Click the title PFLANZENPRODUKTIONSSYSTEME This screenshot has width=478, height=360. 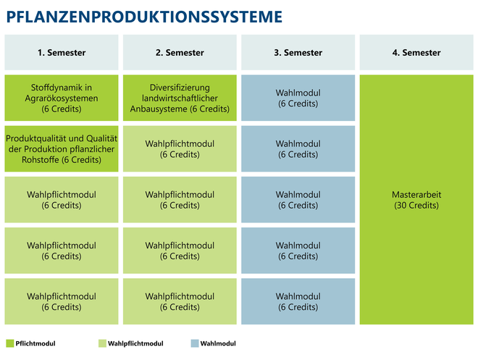click(144, 17)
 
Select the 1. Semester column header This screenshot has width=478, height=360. click(62, 52)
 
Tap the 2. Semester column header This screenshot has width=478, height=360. click(180, 52)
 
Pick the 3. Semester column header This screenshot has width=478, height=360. click(298, 52)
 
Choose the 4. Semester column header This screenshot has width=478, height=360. click(416, 52)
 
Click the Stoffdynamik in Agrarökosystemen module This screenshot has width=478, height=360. click(62, 98)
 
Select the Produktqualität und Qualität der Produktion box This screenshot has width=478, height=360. click(62, 148)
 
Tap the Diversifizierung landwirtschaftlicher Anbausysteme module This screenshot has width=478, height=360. click(180, 98)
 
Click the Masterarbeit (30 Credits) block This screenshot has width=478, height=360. click(416, 200)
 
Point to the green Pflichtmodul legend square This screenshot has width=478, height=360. click(10, 343)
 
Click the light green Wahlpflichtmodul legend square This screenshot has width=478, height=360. click(102, 343)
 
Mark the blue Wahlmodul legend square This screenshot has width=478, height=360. click(195, 343)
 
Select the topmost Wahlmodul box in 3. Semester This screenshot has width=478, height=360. click(298, 98)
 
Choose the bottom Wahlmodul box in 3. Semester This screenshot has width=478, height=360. click(298, 301)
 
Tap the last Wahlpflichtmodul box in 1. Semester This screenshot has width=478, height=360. click(62, 301)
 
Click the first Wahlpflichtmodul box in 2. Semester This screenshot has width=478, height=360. click(180, 148)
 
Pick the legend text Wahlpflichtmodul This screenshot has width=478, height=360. click(135, 343)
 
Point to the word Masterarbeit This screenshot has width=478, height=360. click(416, 194)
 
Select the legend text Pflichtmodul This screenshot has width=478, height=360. click(35, 343)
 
